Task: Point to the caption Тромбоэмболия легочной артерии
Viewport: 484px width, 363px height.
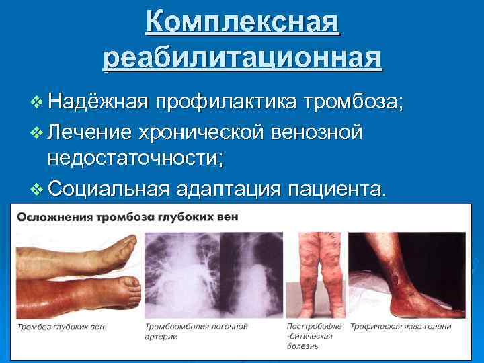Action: [x=196, y=331]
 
